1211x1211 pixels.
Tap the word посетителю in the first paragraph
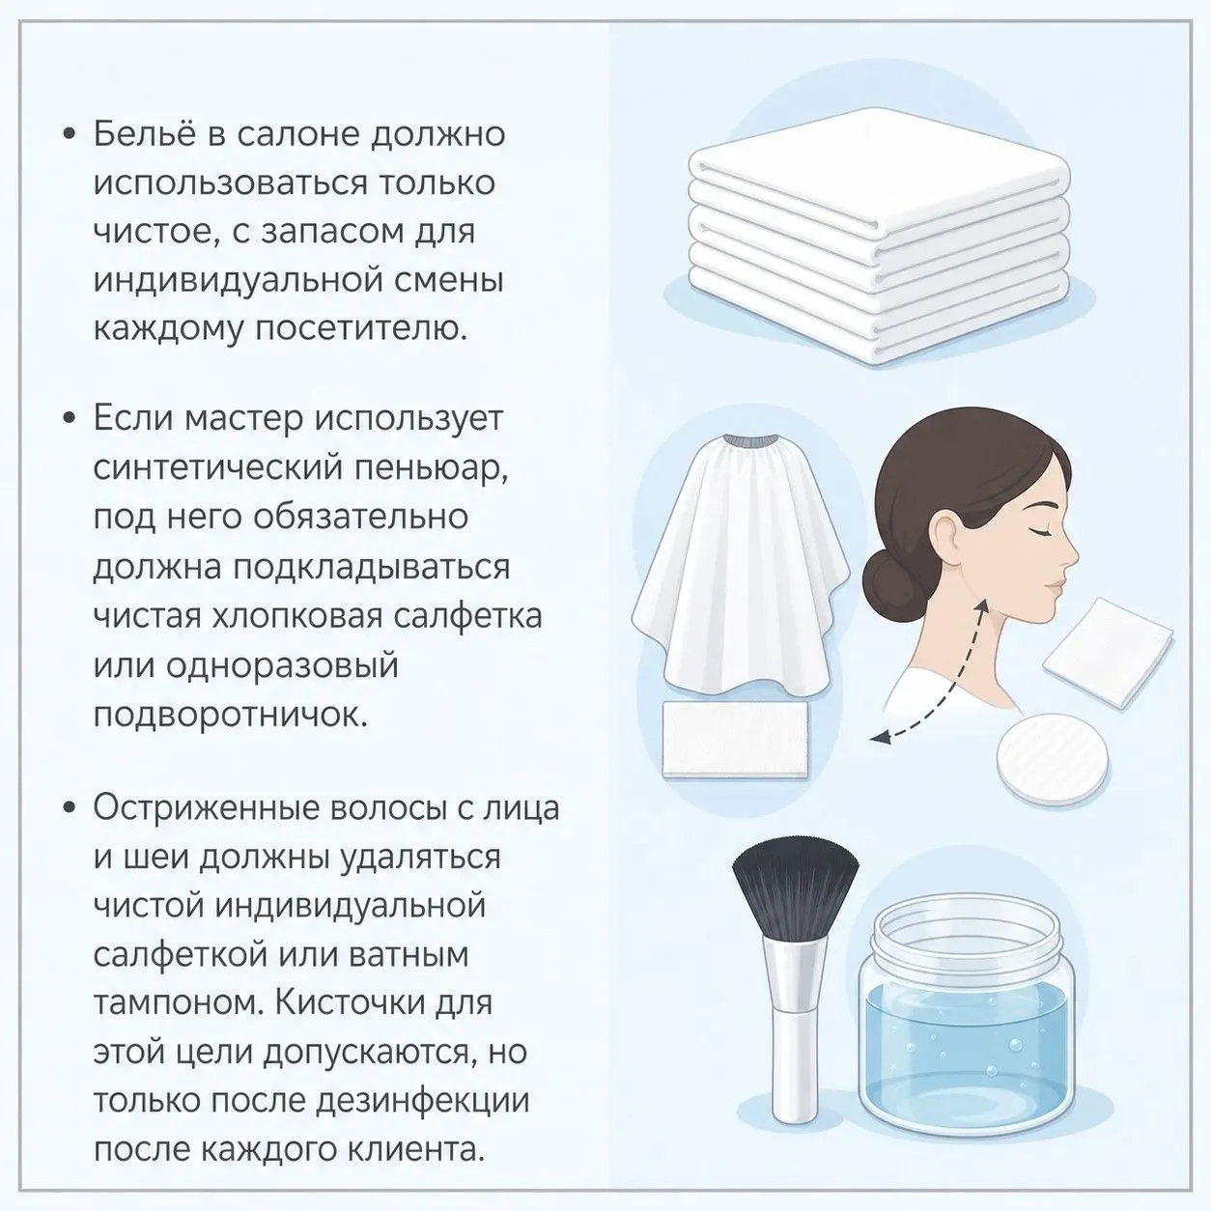coord(361,328)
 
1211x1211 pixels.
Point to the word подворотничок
coord(230,714)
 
